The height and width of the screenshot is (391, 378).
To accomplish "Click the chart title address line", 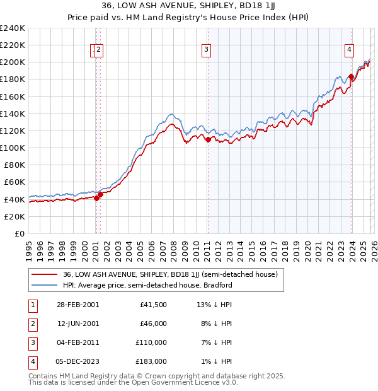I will click(x=189, y=6).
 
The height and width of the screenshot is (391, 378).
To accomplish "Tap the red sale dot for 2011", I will click(x=207, y=139).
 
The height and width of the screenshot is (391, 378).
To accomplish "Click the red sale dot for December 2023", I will click(x=351, y=76).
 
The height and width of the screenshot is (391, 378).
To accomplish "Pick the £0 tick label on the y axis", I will click(x=19, y=233).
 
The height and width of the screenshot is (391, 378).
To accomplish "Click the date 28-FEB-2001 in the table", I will click(x=78, y=305).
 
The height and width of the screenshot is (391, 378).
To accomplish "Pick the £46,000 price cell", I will click(x=152, y=324).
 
